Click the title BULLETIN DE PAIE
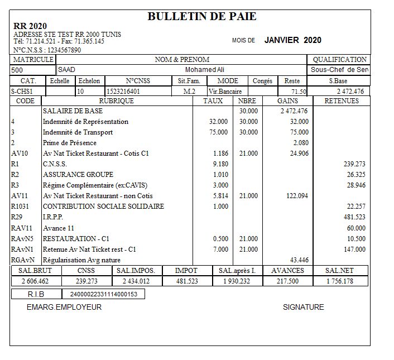[x=202, y=17]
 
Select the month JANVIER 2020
[x=292, y=40]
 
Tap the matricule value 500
[x=17, y=70]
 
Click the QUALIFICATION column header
[x=339, y=60]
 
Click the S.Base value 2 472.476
[x=350, y=92]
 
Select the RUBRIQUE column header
[x=116, y=101]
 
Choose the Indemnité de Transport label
[x=78, y=132]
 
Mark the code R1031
[x=21, y=207]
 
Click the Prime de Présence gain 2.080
[x=300, y=143]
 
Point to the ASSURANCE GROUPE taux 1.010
[x=220, y=175]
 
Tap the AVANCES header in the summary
[x=287, y=271]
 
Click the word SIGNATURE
[x=303, y=307]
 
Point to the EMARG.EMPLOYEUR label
[x=64, y=307]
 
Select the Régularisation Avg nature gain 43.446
[x=299, y=260]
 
